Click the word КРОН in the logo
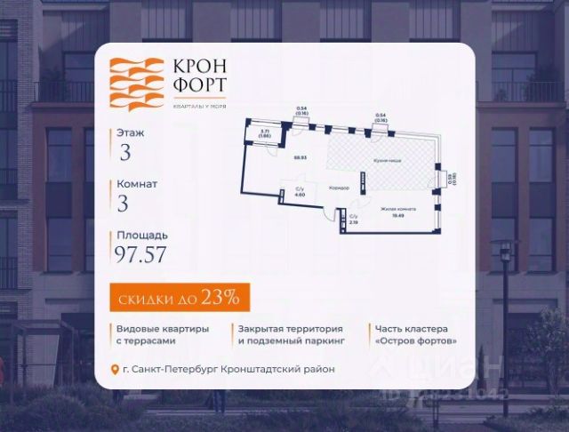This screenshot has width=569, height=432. pos(194,68)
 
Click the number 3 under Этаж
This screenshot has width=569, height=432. pos(125,152)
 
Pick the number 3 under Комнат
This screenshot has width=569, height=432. pos(124,204)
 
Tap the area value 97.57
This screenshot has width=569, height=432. pos(140,255)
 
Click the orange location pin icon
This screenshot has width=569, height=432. pos(114,370)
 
